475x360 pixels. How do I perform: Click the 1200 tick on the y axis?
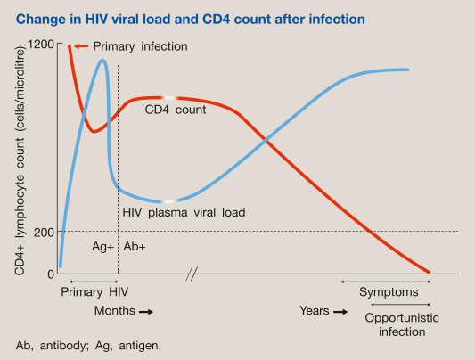(x=41, y=44)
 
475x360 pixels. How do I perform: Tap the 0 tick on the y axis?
(x=51, y=273)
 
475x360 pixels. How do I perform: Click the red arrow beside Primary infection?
(x=81, y=45)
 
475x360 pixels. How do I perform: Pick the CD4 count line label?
(x=176, y=110)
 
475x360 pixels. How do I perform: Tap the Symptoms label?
(x=386, y=292)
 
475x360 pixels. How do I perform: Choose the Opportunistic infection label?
(x=395, y=323)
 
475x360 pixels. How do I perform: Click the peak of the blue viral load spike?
(x=103, y=61)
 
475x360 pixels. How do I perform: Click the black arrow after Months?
(x=146, y=312)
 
